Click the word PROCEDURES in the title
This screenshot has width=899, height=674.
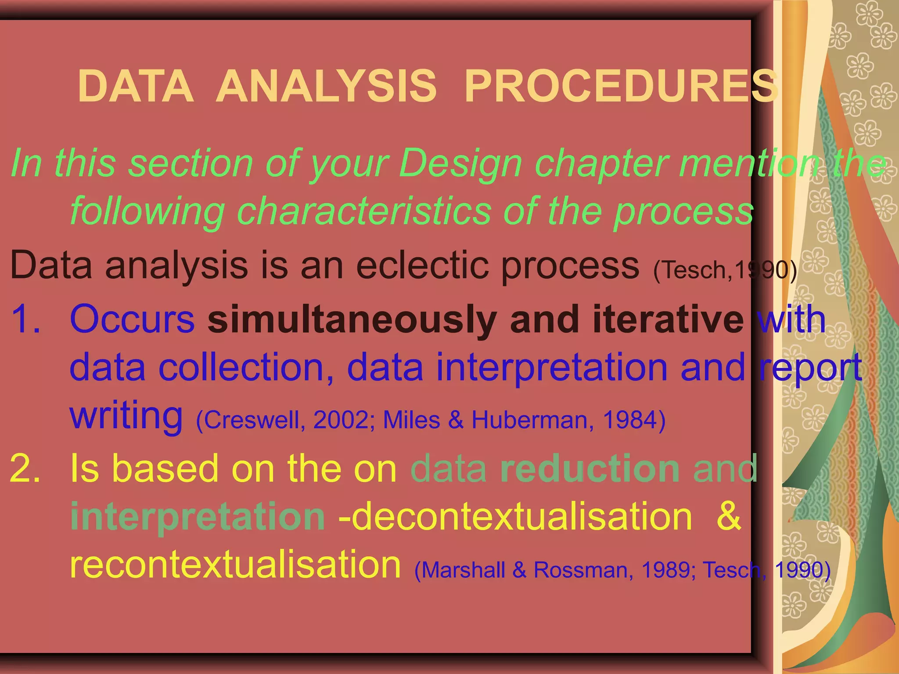621,86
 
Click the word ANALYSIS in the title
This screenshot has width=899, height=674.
326,86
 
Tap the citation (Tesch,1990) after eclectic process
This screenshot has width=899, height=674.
725,269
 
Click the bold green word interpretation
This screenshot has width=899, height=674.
198,516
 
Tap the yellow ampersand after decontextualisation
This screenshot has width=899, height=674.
728,516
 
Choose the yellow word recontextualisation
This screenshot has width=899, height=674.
235,565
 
